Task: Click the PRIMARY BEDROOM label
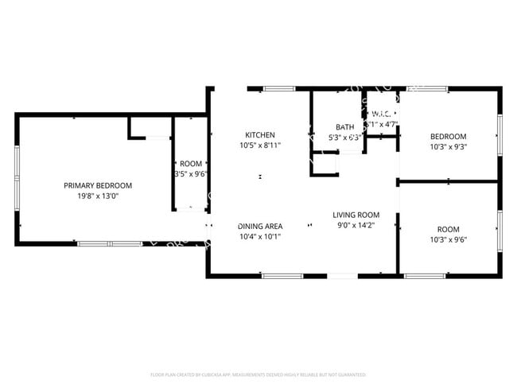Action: (98, 185)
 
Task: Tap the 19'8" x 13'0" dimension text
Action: (98, 196)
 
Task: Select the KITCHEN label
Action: (259, 135)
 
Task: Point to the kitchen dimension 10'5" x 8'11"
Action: (259, 145)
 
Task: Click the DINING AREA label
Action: (260, 226)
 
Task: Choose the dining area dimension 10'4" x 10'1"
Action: (260, 236)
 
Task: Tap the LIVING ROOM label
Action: (356, 215)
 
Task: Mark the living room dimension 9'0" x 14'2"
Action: (356, 225)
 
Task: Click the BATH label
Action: (344, 127)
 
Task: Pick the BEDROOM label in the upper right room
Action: (449, 136)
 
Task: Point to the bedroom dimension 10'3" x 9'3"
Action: (449, 146)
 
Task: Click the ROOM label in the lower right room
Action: (449, 229)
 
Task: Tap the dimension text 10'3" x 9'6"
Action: (449, 239)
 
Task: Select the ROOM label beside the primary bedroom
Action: (191, 163)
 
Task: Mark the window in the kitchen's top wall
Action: (276, 88)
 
